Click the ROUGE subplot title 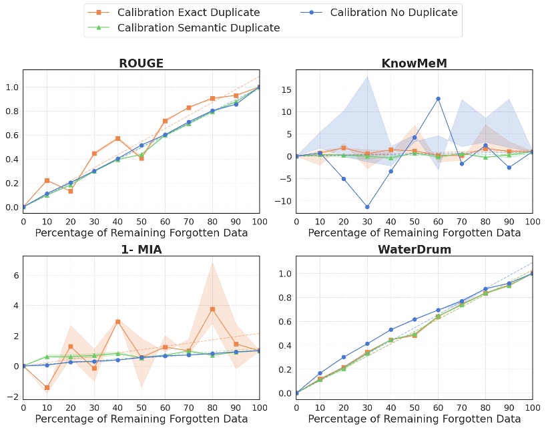[x=141, y=63]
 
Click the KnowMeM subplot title [x=414, y=63]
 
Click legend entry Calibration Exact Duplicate [x=188, y=12]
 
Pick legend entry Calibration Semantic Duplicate [x=198, y=28]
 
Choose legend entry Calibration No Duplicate [x=394, y=12]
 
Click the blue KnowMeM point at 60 [x=438, y=99]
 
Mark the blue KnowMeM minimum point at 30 [x=367, y=206]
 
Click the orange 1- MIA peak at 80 [x=212, y=309]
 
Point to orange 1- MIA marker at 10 [x=47, y=387]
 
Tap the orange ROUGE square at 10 [x=47, y=180]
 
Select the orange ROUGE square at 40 [x=117, y=138]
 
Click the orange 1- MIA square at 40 [x=117, y=321]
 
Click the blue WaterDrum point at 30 [x=367, y=344]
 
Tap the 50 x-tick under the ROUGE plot [x=141, y=221]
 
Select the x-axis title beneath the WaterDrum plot [x=414, y=419]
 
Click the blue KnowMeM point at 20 [x=344, y=178]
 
